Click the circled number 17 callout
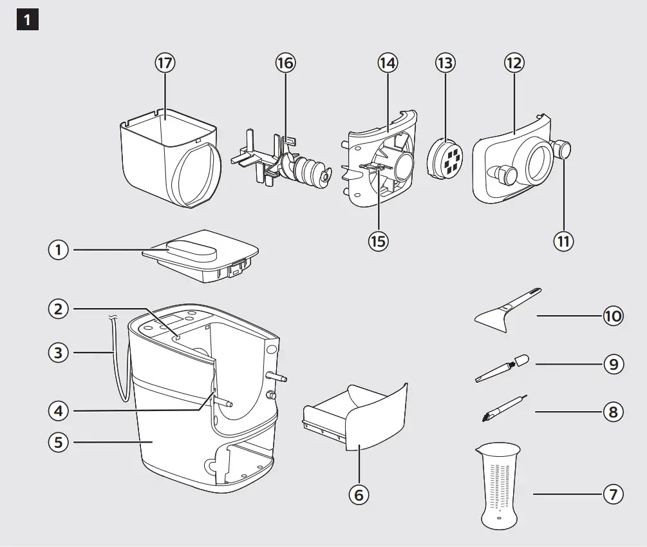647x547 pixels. pos(165,63)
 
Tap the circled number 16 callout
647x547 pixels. pos(285,63)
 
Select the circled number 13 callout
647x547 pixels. pos(445,63)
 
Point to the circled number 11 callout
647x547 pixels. pos(564,240)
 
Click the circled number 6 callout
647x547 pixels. pos(359,494)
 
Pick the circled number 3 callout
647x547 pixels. pos(59,352)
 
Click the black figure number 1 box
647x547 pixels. pos(27,20)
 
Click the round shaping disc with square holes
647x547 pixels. pos(446,158)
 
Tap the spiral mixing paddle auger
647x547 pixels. pos(303,169)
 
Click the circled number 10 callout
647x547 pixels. pos(613,316)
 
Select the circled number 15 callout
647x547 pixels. pos(379,240)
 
